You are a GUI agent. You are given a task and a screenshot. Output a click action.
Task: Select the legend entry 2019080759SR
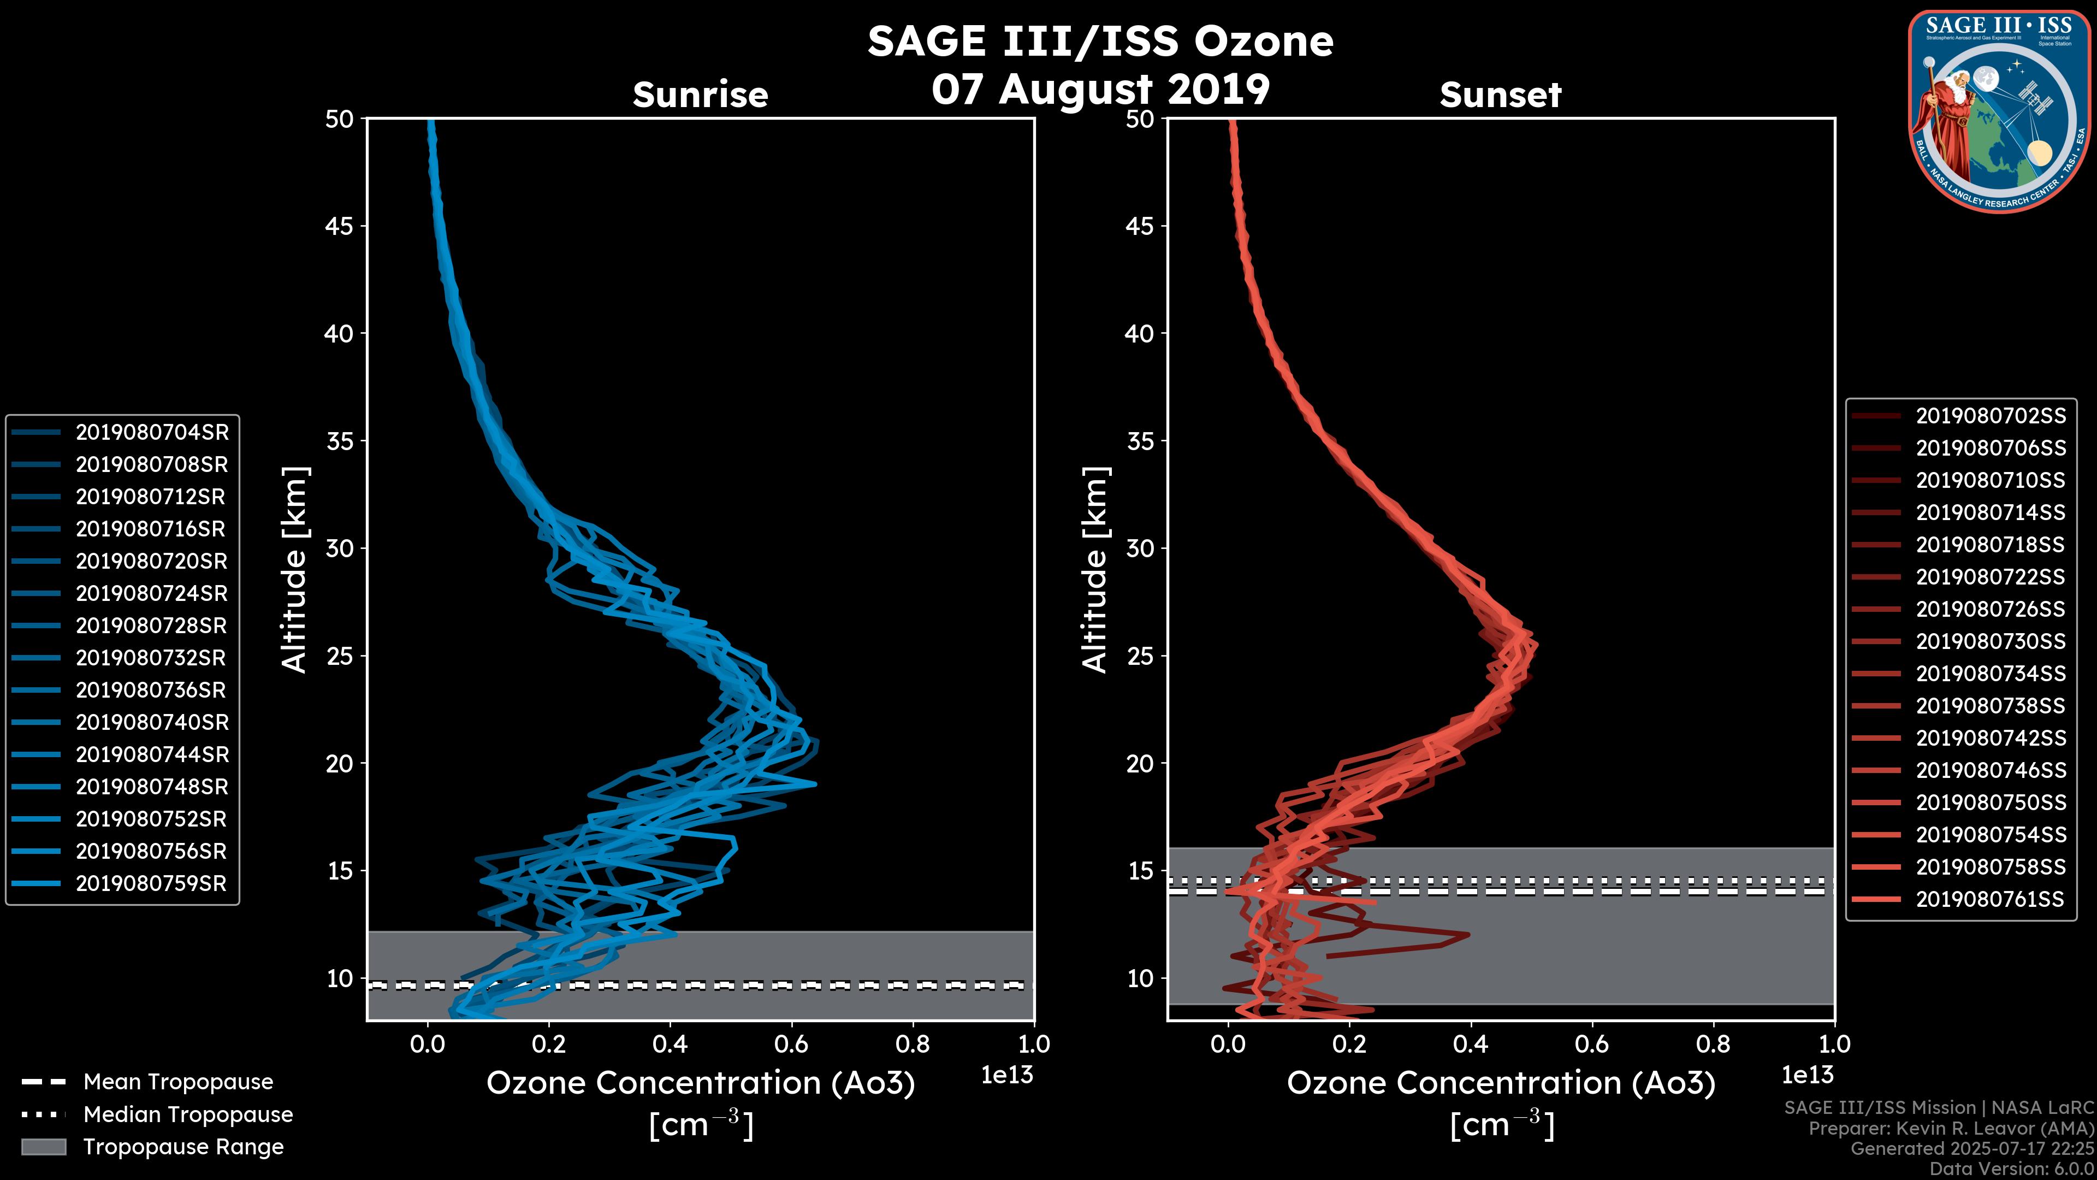pyautogui.click(x=151, y=883)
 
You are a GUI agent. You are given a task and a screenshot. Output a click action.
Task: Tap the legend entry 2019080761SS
pyautogui.click(x=1989, y=900)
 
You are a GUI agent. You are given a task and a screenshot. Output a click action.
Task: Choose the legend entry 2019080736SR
pyautogui.click(x=151, y=691)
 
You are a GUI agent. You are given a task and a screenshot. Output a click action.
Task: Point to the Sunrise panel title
pyautogui.click(x=700, y=95)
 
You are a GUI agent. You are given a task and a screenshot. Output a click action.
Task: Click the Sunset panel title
pyautogui.click(x=1500, y=95)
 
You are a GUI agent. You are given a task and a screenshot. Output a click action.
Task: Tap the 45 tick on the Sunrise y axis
pyautogui.click(x=340, y=226)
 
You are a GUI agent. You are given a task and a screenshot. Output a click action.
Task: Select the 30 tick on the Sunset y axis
pyautogui.click(x=1140, y=548)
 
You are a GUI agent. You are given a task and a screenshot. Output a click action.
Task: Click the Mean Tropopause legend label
pyautogui.click(x=178, y=1082)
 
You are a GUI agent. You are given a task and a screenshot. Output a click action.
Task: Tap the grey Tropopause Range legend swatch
pyautogui.click(x=43, y=1147)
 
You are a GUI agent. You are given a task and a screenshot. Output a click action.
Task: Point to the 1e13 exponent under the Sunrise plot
pyautogui.click(x=1007, y=1076)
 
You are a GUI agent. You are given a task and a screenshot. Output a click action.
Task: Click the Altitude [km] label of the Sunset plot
pyautogui.click(x=1095, y=570)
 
